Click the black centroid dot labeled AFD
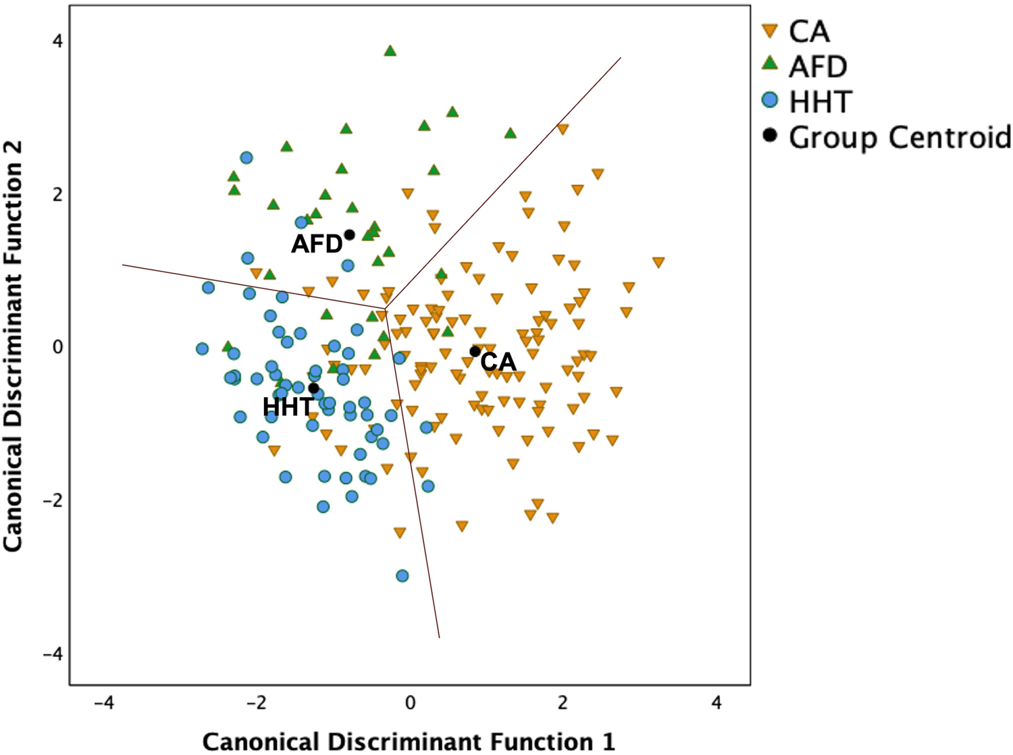coord(350,235)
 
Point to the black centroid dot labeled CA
coord(475,351)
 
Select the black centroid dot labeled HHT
coord(314,388)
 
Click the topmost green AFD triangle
coord(390,51)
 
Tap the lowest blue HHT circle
coord(402,575)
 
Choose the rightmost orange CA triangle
coord(658,263)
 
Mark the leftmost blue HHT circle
coord(202,348)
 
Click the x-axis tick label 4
coord(717,704)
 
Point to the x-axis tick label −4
coord(103,704)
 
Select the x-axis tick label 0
coord(410,704)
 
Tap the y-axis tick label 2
coord(57,194)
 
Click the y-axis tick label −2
coord(53,500)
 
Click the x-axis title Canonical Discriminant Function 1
coord(409,741)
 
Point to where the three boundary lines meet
coord(386,309)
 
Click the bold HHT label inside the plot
coord(288,407)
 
